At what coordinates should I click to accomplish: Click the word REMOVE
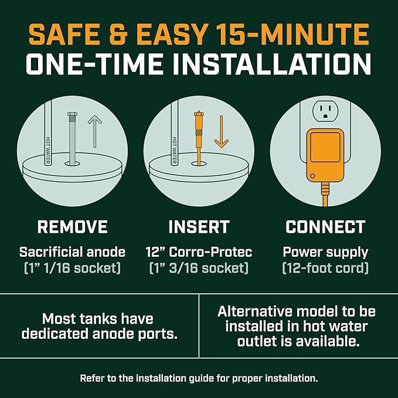[x=72, y=227]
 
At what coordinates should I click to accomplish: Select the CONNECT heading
[x=325, y=227]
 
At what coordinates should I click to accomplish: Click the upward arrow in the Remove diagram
[x=94, y=131]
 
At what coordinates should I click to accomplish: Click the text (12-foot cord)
[x=325, y=268]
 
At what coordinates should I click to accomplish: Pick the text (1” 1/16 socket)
[x=72, y=268]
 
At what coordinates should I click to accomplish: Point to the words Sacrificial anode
[x=72, y=253]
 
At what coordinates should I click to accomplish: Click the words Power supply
[x=325, y=253]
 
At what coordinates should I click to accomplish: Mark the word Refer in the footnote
[x=93, y=378]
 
